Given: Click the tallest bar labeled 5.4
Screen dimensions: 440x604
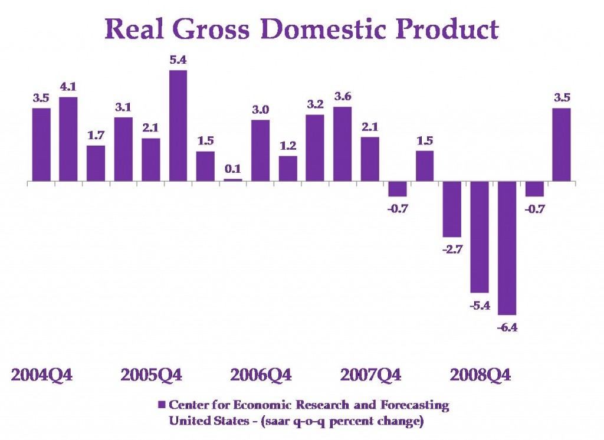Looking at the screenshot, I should pos(178,125).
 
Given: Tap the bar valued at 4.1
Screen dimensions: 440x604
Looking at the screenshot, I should pos(68,139).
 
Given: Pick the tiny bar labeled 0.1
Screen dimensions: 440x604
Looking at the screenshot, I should pos(233,179).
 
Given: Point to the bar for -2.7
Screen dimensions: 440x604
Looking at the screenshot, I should pos(452,209).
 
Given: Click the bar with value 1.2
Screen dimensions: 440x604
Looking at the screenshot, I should pos(288,168).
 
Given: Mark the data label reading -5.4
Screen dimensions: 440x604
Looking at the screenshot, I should pos(480,306).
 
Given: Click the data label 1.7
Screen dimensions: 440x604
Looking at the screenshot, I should pos(96,135).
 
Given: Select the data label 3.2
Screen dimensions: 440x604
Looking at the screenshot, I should pos(315,104).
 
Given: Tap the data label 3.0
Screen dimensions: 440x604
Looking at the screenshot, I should pos(260,110).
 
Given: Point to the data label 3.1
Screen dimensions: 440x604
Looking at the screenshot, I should pos(123,107).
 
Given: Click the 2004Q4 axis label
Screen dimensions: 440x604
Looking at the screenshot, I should pos(42,375).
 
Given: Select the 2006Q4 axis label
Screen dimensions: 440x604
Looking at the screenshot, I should pos(261,375).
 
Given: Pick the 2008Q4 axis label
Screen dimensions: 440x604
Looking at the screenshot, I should pos(480,375).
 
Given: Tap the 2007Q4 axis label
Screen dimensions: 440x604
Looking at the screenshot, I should pos(371,375).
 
